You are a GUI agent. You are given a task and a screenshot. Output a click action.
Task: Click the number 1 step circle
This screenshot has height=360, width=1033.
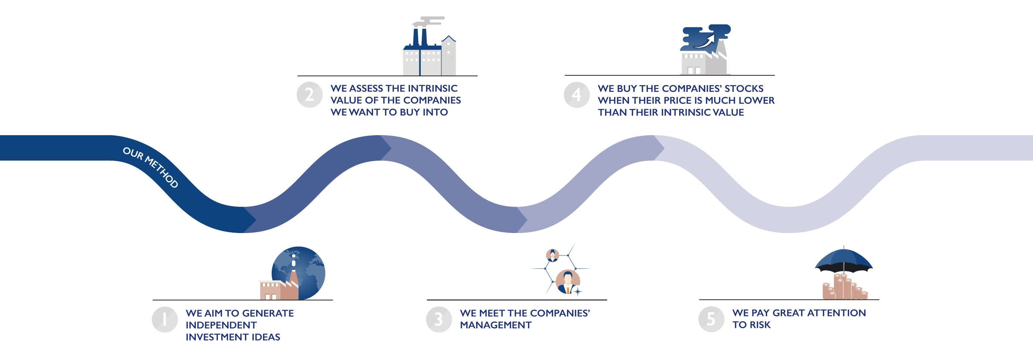(165, 320)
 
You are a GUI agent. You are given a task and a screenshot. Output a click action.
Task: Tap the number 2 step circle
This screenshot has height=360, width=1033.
(309, 94)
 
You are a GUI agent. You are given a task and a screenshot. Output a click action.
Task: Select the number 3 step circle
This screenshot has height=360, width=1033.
(439, 320)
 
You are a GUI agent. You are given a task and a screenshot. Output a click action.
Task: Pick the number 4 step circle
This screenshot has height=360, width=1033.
(577, 94)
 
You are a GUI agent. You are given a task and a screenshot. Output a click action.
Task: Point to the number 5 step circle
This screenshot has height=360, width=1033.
(711, 319)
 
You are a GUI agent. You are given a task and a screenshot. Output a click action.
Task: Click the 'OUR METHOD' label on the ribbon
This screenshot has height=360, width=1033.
(150, 167)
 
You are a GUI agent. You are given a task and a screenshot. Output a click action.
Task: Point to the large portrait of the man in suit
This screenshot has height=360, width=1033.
(568, 282)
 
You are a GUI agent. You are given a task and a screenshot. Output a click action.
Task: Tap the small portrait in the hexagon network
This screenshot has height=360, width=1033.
(553, 255)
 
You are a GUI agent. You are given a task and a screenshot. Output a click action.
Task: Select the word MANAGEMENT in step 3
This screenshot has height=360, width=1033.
(496, 325)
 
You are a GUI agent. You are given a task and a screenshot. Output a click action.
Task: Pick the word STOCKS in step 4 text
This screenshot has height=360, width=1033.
(744, 88)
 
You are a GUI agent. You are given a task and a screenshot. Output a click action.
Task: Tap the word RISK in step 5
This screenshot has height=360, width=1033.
(760, 325)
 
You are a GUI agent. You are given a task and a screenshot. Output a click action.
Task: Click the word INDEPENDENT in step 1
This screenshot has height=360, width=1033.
(221, 325)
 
